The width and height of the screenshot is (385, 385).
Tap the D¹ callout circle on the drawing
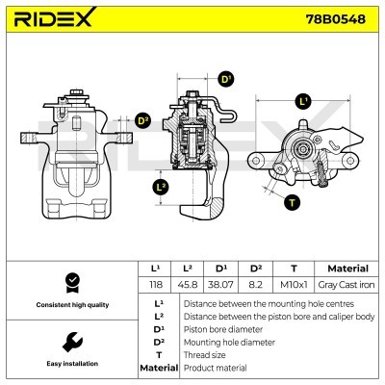coord(227,79)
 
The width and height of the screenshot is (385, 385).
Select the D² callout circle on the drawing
coord(143,120)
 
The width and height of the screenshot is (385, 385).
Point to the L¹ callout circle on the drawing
coord(304,100)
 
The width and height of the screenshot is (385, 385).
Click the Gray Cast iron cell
coord(347,286)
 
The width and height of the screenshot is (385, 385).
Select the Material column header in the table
coord(347,269)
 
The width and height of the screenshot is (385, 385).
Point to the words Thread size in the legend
coord(206,354)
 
